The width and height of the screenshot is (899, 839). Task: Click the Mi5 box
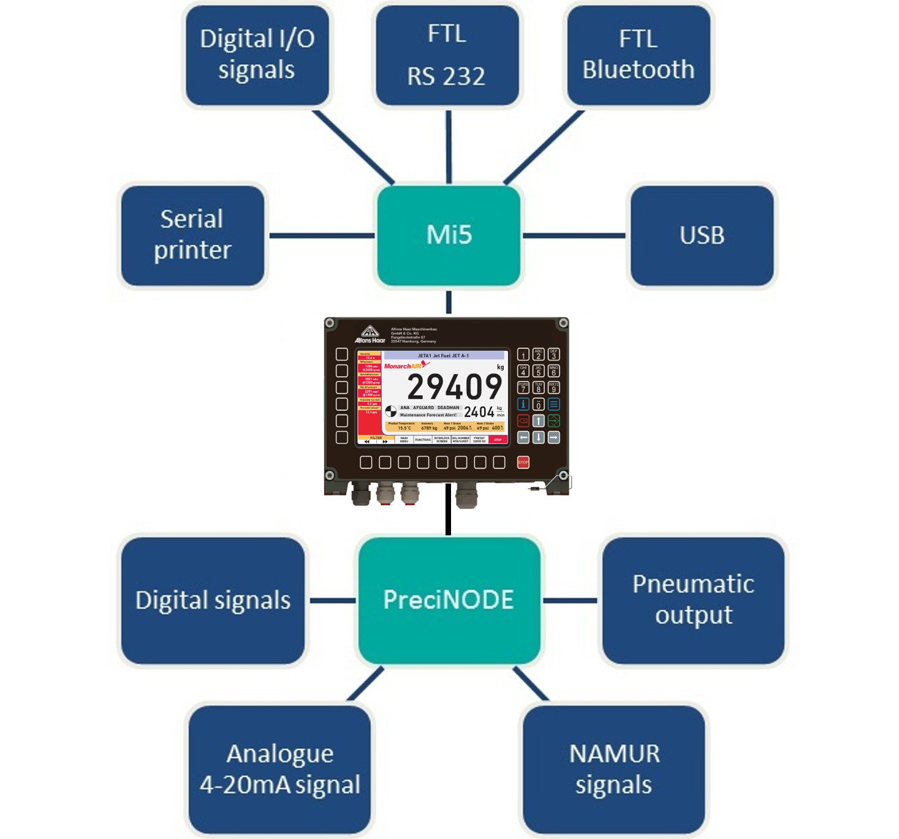pyautogui.click(x=449, y=236)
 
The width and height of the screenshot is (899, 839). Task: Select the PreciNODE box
pyautogui.click(x=449, y=600)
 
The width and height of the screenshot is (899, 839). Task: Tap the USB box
pyautogui.click(x=702, y=236)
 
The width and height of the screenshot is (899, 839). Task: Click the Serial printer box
pyautogui.click(x=192, y=236)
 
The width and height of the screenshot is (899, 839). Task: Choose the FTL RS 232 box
pyautogui.click(x=447, y=55)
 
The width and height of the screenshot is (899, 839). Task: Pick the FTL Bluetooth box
pyautogui.click(x=639, y=55)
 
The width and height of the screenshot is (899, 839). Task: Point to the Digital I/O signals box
pyautogui.click(x=257, y=55)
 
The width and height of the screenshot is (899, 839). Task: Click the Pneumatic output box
pyautogui.click(x=693, y=600)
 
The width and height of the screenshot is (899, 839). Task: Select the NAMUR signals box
pyautogui.click(x=614, y=769)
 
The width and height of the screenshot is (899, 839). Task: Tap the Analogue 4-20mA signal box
pyautogui.click(x=280, y=769)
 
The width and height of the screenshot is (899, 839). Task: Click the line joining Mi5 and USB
pyautogui.click(x=574, y=236)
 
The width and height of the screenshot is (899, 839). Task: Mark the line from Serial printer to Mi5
pyautogui.click(x=322, y=236)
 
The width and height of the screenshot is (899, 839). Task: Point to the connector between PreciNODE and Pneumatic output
pyautogui.click(x=570, y=601)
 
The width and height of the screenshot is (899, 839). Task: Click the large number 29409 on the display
pyautogui.click(x=454, y=388)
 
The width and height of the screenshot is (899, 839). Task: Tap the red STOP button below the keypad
pyautogui.click(x=523, y=462)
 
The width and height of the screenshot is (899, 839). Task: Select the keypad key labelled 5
pyautogui.click(x=539, y=371)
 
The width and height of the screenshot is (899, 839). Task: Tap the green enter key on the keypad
pyautogui.click(x=553, y=421)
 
